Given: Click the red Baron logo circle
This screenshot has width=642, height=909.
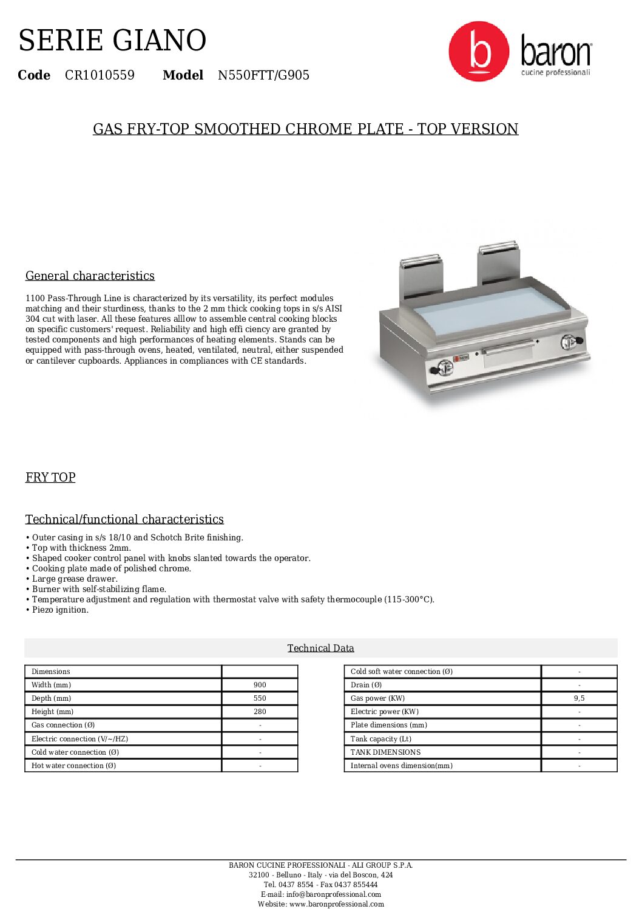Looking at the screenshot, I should [x=479, y=52].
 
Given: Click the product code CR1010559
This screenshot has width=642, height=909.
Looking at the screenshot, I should [x=100, y=75].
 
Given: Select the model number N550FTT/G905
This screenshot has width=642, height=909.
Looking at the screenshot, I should [x=263, y=75].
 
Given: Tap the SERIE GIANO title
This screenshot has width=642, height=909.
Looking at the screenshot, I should [x=112, y=41].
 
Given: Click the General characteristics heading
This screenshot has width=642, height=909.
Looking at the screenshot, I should [x=90, y=276].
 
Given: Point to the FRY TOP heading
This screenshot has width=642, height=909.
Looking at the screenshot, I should [x=50, y=477].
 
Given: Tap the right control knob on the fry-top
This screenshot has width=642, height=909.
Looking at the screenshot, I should [x=569, y=342].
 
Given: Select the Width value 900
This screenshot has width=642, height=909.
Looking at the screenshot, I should [x=260, y=685].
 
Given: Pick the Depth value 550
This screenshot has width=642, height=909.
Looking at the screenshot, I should [x=260, y=698].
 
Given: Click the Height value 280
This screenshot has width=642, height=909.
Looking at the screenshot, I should [x=260, y=712].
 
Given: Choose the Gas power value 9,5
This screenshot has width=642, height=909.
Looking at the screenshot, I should [x=579, y=698].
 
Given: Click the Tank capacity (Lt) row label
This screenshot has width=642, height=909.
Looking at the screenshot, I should [x=381, y=739].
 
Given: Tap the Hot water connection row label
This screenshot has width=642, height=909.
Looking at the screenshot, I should [x=73, y=766].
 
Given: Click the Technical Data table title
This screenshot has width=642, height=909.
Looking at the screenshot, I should [x=320, y=648].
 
